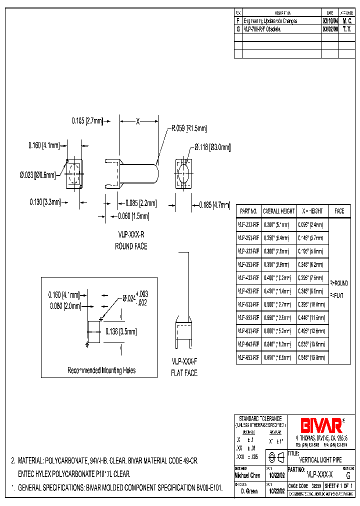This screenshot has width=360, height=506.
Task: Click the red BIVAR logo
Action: [x=320, y=425]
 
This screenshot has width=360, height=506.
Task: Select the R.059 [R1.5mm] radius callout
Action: [x=189, y=128]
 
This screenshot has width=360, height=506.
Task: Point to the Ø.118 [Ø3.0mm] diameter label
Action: [x=209, y=147]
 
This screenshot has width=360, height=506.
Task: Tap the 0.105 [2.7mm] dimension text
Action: [x=87, y=120]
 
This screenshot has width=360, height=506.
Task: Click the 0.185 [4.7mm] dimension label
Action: [x=213, y=204]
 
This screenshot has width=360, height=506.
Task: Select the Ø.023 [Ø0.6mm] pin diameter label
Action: [x=38, y=174]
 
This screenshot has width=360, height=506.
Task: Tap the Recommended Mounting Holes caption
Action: [x=101, y=370]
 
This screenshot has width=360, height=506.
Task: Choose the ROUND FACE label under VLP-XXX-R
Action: [x=131, y=246]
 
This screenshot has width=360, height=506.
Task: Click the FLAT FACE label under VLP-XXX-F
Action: [x=184, y=373]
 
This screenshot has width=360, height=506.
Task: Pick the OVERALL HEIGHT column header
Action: [x=279, y=211]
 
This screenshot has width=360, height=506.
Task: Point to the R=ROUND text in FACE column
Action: [x=339, y=283]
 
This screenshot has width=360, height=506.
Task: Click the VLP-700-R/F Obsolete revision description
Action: [x=263, y=29]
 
